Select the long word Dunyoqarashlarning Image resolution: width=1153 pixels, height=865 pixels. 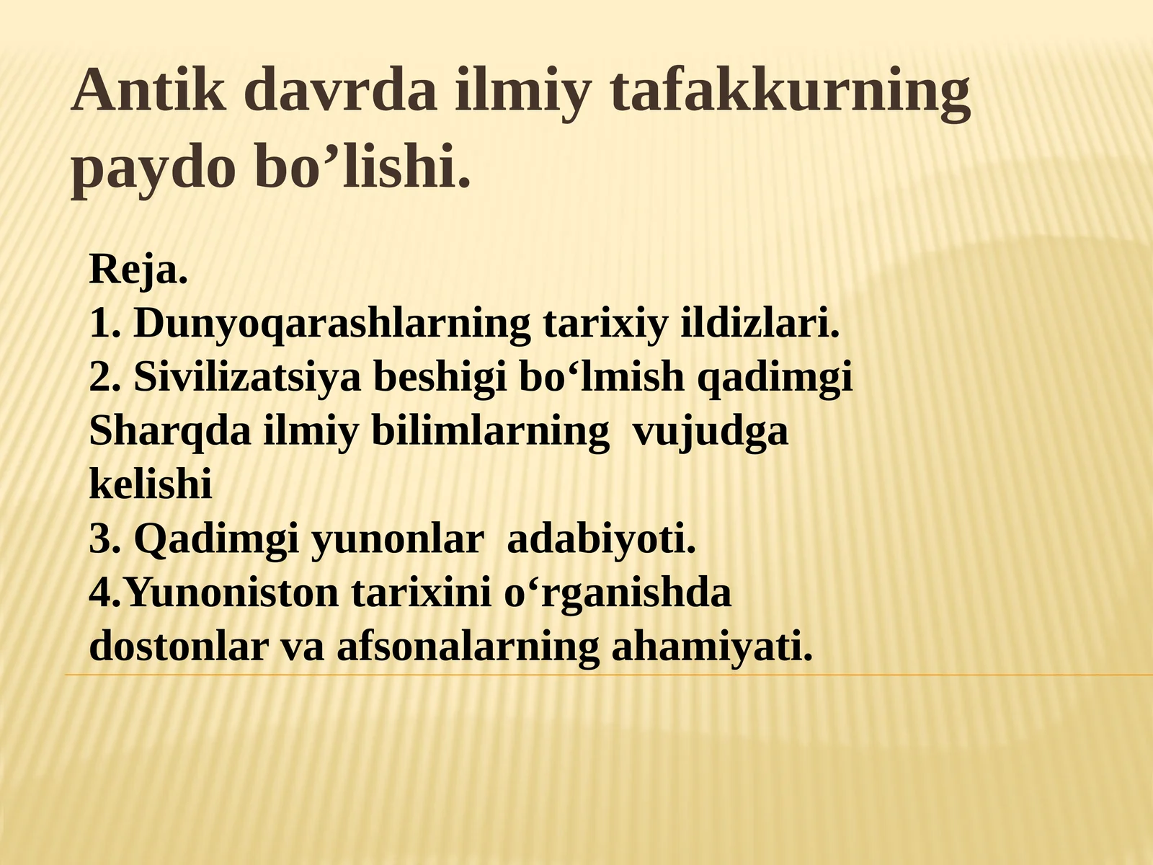332,324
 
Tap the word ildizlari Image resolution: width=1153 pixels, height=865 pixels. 760,324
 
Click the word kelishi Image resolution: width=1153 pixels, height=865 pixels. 151,484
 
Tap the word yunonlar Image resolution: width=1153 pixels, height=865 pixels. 397,538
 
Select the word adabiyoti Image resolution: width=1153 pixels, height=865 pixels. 602,538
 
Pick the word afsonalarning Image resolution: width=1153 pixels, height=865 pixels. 468,647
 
